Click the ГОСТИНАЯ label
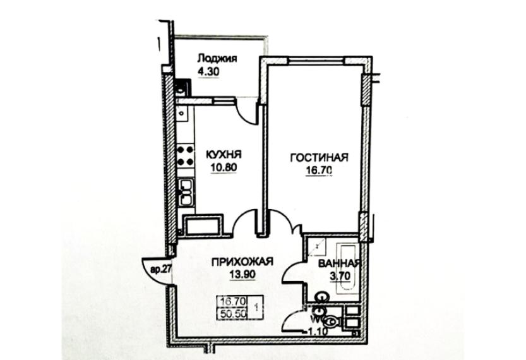tap(320, 157)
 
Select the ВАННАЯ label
tap(339, 263)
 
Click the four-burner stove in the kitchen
tap(185, 155)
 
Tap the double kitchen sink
tap(186, 192)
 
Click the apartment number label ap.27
tap(160, 268)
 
